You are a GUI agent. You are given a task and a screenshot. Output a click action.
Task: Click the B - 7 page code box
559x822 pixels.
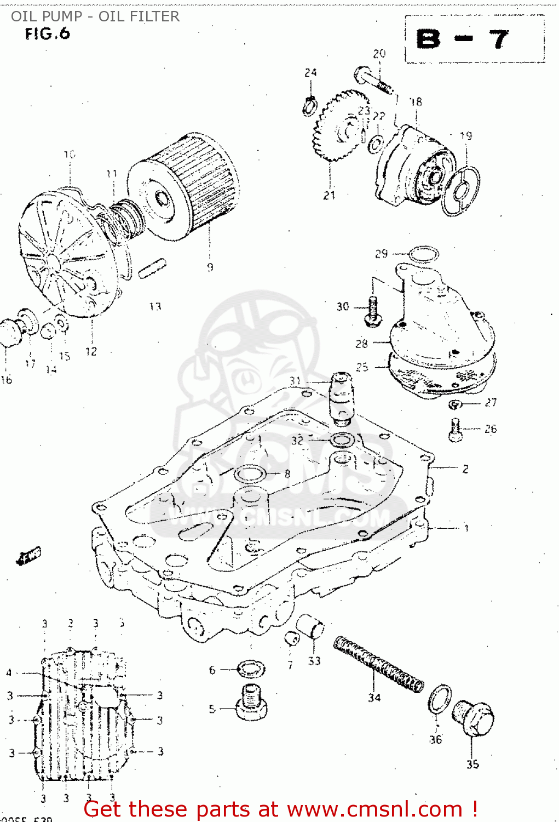pyautogui.click(x=474, y=39)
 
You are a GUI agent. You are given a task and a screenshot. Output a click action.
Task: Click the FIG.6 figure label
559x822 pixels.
pyautogui.click(x=48, y=34)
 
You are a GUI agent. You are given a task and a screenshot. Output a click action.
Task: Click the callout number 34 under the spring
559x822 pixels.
pyautogui.click(x=374, y=698)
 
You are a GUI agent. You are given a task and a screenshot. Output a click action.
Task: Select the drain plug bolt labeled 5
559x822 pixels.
pyautogui.click(x=251, y=701)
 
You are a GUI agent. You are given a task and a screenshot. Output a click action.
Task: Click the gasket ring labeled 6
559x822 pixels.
pyautogui.click(x=251, y=669)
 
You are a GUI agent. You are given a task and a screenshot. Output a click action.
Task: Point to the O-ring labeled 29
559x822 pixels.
pyautogui.click(x=424, y=254)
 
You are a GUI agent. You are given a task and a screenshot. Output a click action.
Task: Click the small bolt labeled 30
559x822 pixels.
pyautogui.click(x=373, y=311)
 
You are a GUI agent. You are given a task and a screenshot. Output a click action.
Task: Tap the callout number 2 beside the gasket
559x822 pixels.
pyautogui.click(x=465, y=469)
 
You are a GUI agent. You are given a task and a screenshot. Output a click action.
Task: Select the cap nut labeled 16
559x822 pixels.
pyautogui.click(x=9, y=332)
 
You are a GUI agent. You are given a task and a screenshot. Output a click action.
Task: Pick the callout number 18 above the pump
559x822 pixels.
pyautogui.click(x=416, y=102)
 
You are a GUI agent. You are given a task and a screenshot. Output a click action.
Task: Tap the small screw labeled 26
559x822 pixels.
pyautogui.click(x=456, y=430)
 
